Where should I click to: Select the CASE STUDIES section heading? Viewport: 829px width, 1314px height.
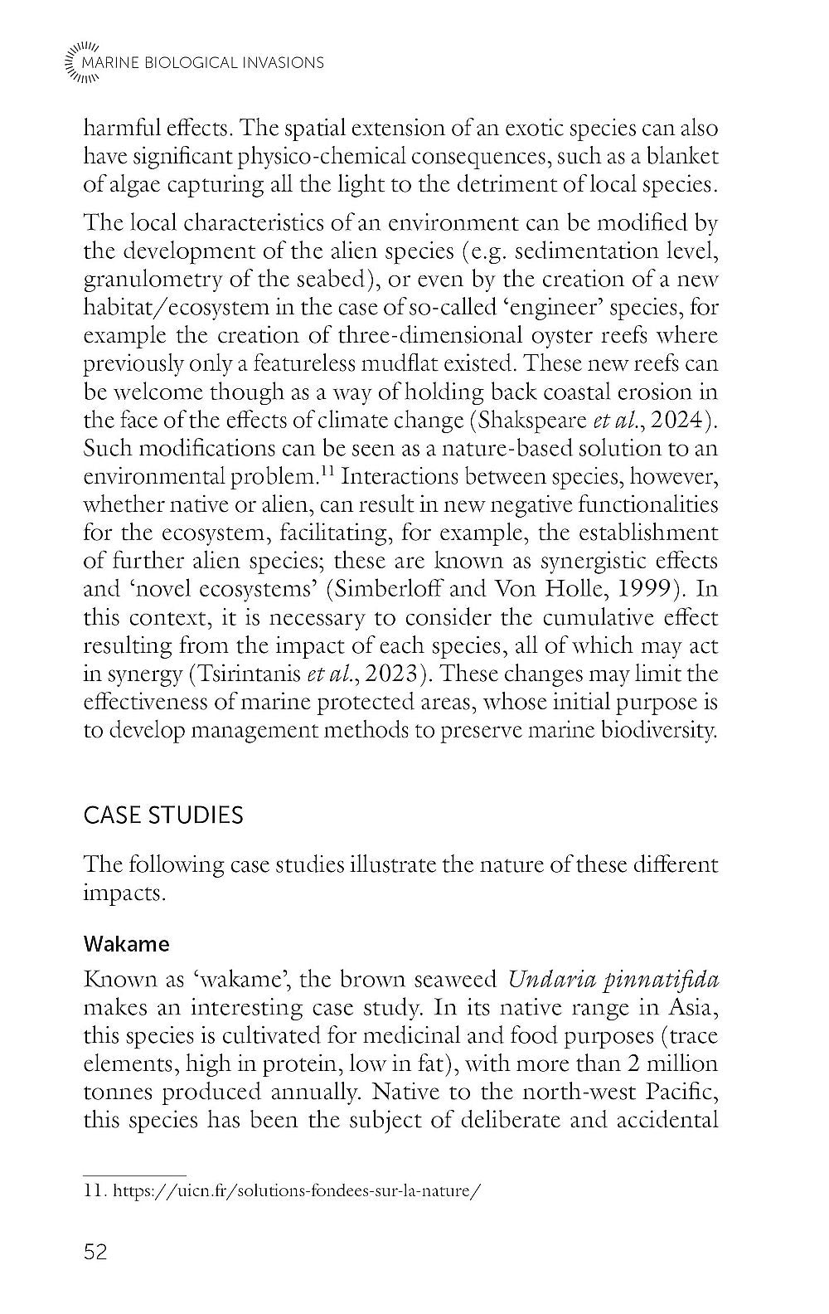163,815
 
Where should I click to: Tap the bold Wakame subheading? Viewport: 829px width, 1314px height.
127,944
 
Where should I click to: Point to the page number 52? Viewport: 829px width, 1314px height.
96,1252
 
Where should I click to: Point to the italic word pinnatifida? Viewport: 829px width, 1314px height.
656,979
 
